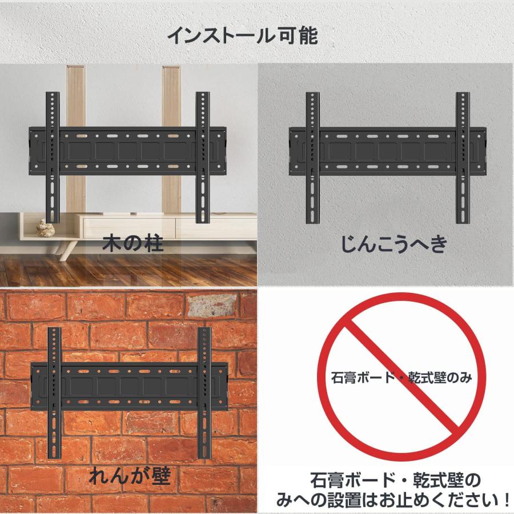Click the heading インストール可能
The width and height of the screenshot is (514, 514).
click(x=242, y=35)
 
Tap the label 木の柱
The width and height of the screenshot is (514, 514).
click(x=132, y=244)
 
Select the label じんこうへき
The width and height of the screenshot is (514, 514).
click(x=393, y=244)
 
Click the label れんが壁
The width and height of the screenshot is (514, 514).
click(x=129, y=475)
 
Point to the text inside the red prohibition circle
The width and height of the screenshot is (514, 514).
click(x=402, y=378)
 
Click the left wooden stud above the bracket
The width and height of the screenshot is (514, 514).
click(x=75, y=94)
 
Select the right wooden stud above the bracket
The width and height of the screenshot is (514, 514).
click(x=171, y=94)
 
